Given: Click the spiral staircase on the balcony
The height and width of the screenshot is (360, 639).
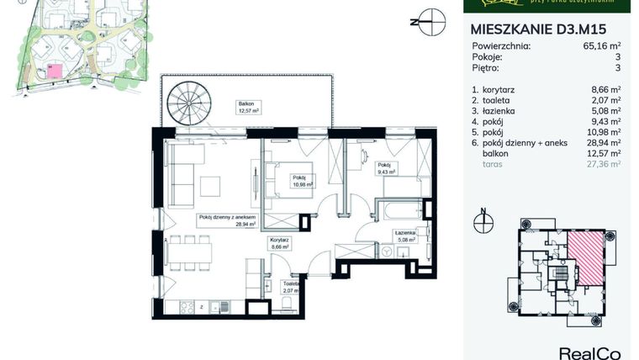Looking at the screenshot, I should [186, 108].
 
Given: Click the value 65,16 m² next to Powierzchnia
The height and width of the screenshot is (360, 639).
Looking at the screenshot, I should [602, 47].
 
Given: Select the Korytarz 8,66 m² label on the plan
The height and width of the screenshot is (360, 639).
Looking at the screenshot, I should [279, 243].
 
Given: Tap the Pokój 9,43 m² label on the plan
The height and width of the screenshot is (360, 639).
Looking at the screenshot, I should [385, 167].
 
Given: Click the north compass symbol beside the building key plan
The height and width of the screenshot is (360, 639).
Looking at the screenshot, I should [483, 223].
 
